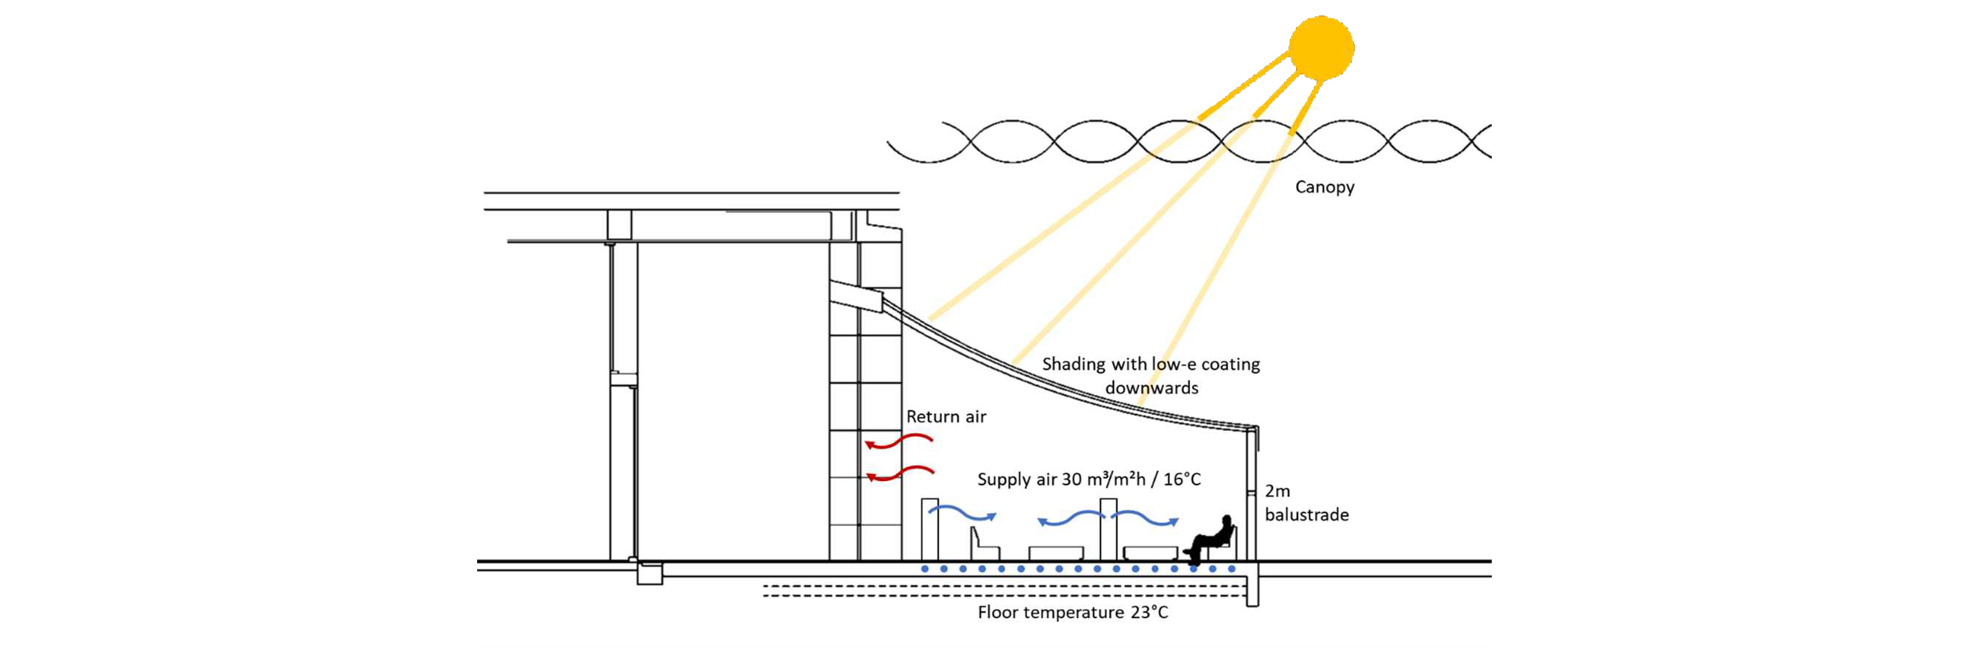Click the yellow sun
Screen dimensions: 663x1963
[1321, 47]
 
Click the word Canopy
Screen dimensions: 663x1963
[1325, 187]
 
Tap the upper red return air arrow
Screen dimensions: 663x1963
[898, 441]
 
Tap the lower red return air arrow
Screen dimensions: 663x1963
[900, 474]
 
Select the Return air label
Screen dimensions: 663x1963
[945, 417]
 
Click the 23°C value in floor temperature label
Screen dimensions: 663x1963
[1149, 613]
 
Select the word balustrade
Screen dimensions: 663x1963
[1306, 515]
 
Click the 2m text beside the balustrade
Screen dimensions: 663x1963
[1277, 491]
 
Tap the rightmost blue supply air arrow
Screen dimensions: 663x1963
[1144, 518]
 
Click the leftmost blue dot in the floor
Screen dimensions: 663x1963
[924, 569]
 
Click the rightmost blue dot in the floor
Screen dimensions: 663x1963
[1231, 569]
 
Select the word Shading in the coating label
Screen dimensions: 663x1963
[1073, 364]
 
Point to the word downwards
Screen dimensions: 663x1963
[1152, 389]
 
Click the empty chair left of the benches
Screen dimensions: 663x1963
[984, 546]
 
